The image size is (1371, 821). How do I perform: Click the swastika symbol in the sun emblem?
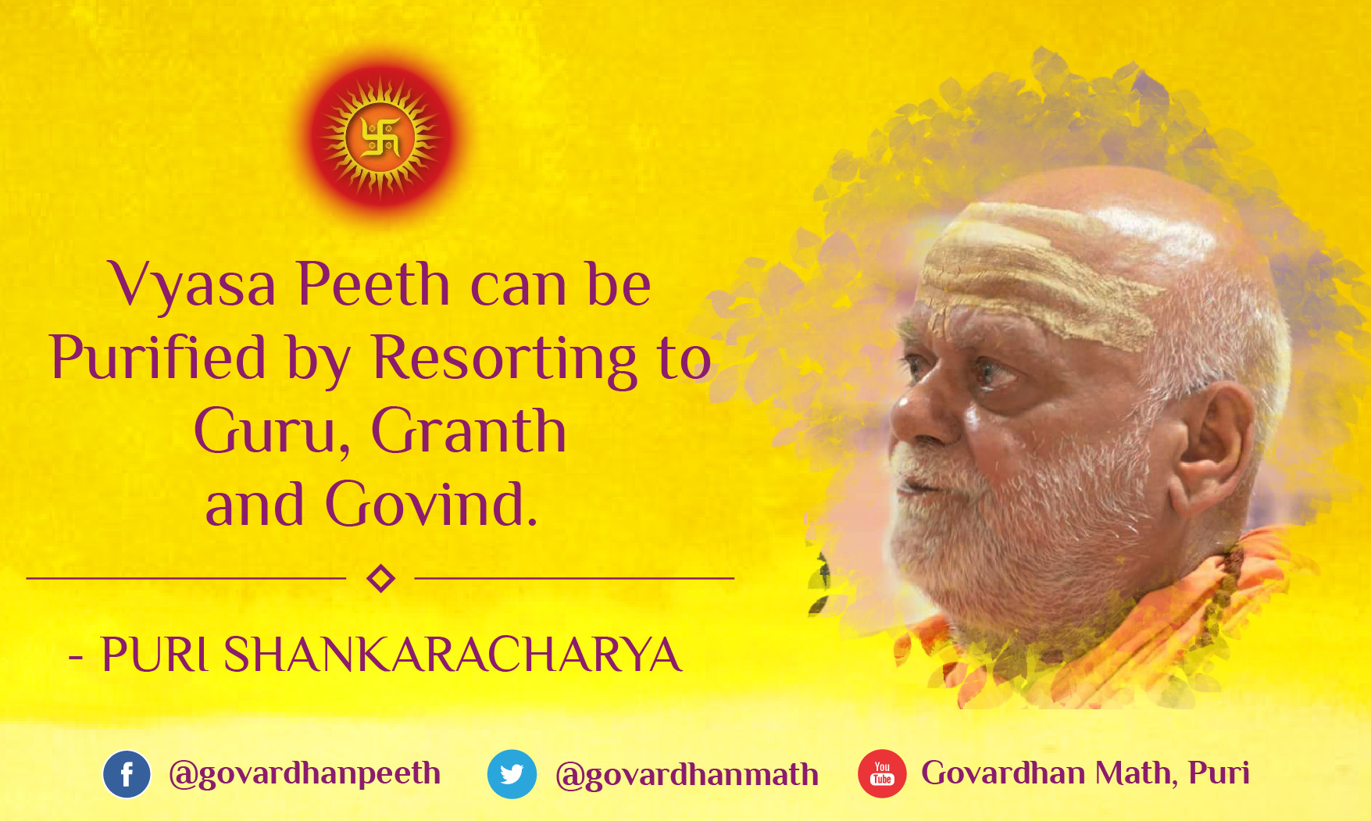[381, 137]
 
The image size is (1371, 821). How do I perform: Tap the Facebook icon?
[127, 774]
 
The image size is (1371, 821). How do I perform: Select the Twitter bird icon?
[512, 774]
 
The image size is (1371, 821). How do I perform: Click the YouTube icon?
[882, 774]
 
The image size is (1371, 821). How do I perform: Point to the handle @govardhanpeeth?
[305, 773]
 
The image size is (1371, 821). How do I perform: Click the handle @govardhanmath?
[687, 775]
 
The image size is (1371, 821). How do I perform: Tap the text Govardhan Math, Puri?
[1085, 773]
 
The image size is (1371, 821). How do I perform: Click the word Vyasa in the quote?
[192, 285]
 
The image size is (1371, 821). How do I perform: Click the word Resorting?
[505, 360]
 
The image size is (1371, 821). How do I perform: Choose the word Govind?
[431, 504]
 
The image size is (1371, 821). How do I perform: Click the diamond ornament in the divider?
[380, 579]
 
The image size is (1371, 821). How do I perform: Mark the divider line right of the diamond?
[574, 578]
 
